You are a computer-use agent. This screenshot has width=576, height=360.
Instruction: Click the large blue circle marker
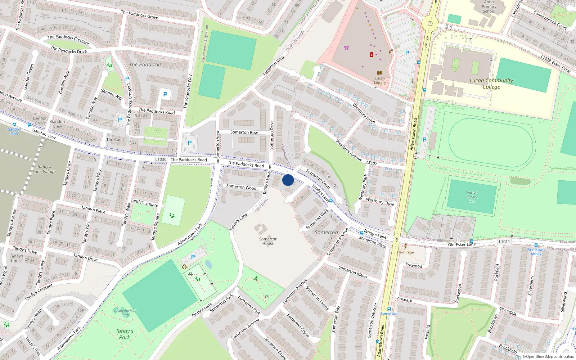coord(288,180)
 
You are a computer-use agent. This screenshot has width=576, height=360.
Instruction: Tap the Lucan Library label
coord(380,80)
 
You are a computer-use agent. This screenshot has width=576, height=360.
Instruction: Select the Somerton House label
coord(268,241)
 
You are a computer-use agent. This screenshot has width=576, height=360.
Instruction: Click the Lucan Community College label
coord(491,84)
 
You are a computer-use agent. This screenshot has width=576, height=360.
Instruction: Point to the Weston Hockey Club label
coord(472,197)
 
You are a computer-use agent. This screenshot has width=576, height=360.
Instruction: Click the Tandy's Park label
coord(125,334)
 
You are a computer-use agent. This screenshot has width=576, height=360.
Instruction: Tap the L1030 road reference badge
coord(161,159)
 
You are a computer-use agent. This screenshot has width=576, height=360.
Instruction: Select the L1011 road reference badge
coord(504,242)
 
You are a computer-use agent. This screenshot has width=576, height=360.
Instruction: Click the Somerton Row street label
coord(244,132)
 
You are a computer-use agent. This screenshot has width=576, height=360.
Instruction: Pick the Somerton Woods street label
coord(242,187)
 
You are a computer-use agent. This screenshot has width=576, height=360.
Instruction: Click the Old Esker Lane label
coord(462,245)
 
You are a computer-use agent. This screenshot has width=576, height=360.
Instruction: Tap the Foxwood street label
coord(414,266)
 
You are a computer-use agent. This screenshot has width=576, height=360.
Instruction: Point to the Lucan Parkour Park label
coord(125,312)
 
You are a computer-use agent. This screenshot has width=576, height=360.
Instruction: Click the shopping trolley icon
coord(346,48)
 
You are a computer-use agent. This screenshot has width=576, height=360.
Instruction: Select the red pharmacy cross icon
coord(372,54)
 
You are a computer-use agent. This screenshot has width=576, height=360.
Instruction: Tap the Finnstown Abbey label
coord(536,252)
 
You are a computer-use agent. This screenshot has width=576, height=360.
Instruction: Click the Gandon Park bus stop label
coord(14,131)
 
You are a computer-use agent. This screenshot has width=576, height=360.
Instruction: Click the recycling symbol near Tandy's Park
coord(185,267)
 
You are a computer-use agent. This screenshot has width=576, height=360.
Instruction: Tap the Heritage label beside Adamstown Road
coord(406,252)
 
